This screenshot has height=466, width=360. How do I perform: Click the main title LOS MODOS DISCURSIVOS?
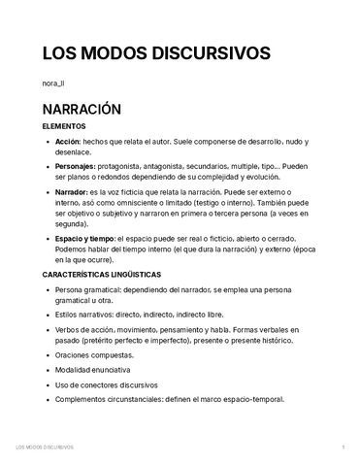tap(155, 52)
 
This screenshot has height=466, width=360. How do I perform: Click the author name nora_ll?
tap(56, 84)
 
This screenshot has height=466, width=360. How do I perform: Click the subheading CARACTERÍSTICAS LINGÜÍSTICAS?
tap(115, 276)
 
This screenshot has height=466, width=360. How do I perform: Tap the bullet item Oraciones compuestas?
tap(96, 354)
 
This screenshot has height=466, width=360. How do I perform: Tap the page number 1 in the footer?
tap(343, 447)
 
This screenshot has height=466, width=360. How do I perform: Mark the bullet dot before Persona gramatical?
tap(49, 290)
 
